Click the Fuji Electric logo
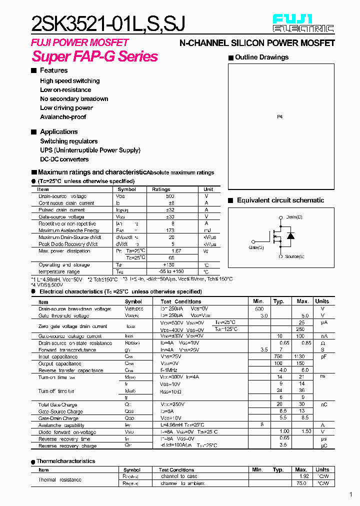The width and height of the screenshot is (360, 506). point(303,23)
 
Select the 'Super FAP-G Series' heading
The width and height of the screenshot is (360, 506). point(94,56)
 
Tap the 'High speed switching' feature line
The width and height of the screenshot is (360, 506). point(69,81)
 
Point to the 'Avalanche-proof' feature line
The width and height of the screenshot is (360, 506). point(63,117)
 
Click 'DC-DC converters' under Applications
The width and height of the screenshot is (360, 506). point(64,159)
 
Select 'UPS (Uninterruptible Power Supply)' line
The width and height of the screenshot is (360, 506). point(90,150)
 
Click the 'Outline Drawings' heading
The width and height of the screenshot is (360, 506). point(261,57)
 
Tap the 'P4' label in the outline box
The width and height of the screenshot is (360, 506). point(279,116)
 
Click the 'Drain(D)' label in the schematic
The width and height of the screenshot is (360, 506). point(294,217)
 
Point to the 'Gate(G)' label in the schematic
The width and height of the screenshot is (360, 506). point(256,247)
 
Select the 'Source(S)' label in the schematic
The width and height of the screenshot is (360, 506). point(294,256)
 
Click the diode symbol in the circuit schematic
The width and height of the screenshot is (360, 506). point(290,236)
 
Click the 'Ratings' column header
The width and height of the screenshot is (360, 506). point(161,189)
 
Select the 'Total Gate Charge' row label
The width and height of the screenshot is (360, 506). point(57,404)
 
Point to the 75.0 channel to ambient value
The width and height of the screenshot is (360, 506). point(301,483)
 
